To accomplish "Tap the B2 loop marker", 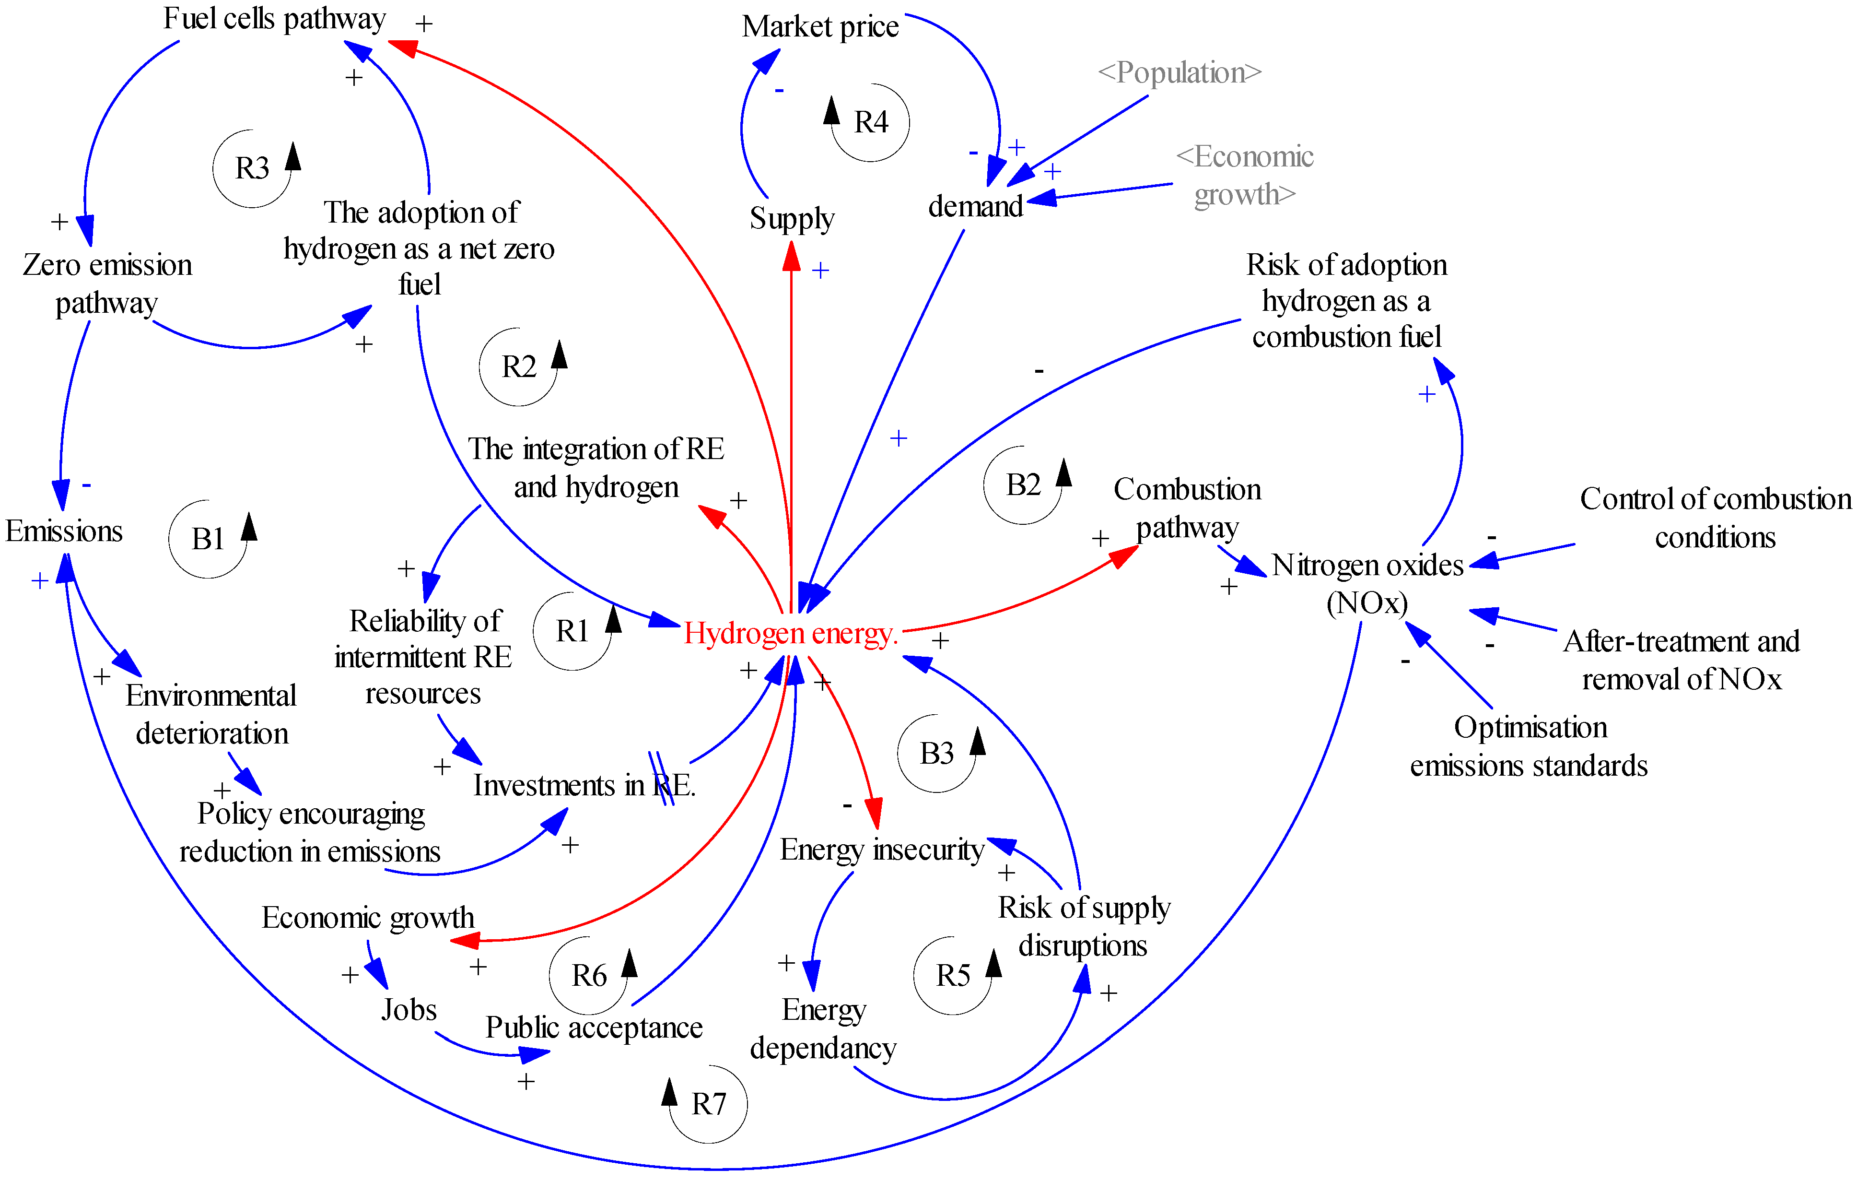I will [1023, 485].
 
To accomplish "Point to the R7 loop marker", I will [709, 1104].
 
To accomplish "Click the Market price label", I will [820, 27].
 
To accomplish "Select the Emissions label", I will [64, 531].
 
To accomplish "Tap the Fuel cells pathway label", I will [275, 19].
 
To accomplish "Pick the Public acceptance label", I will [594, 1027].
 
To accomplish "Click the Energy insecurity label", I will [881, 850].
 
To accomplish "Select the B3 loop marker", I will [937, 754].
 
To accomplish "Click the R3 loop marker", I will [252, 168].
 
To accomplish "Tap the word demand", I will [976, 207].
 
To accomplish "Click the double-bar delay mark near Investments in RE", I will [661, 779].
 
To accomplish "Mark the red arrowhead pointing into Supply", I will [791, 256].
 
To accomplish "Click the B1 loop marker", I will [208, 539].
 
